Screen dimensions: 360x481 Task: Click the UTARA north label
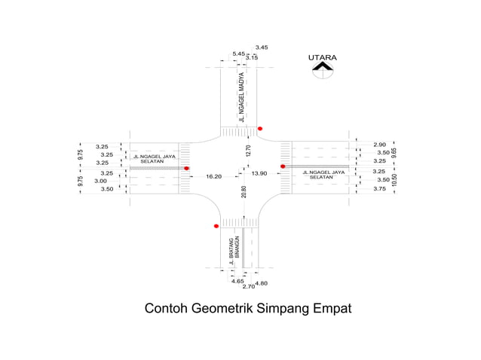[322, 57]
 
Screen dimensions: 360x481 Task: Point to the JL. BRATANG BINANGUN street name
[234, 250]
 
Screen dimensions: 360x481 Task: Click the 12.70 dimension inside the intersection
[245, 151]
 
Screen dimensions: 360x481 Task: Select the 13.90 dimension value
[259, 173]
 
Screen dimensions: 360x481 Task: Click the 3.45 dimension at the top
[262, 47]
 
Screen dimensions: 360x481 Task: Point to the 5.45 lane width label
[238, 53]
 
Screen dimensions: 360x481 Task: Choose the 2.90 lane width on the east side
[379, 144]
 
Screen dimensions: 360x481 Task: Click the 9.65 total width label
[394, 152]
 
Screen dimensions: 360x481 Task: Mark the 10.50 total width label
[394, 180]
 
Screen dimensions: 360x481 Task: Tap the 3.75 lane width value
[379, 189]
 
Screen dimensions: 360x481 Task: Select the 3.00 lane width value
[100, 181]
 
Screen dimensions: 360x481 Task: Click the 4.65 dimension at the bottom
[237, 281]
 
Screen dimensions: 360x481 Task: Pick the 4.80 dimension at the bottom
[262, 283]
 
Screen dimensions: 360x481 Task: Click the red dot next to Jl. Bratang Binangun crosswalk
[216, 226]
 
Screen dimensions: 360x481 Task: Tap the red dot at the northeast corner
[260, 129]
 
